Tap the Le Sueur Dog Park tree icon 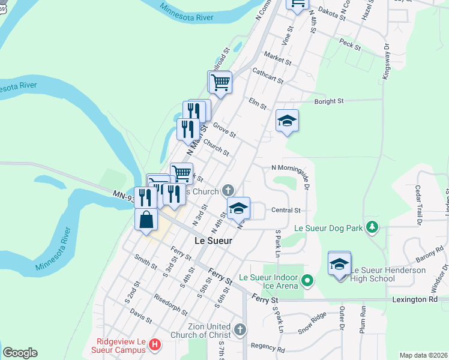pyautogui.click(x=373, y=227)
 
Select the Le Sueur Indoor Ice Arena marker pyautogui.click(x=307, y=280)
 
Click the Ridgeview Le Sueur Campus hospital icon pyautogui.click(x=155, y=344)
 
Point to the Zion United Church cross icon pyautogui.click(x=240, y=329)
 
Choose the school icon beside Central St pyautogui.click(x=239, y=208)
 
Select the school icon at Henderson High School pyautogui.click(x=339, y=263)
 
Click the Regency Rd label pyautogui.click(x=268, y=347)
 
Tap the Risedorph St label pyautogui.click(x=171, y=305)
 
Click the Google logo pyautogui.click(x=20, y=353)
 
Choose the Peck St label pyautogui.click(x=349, y=44)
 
